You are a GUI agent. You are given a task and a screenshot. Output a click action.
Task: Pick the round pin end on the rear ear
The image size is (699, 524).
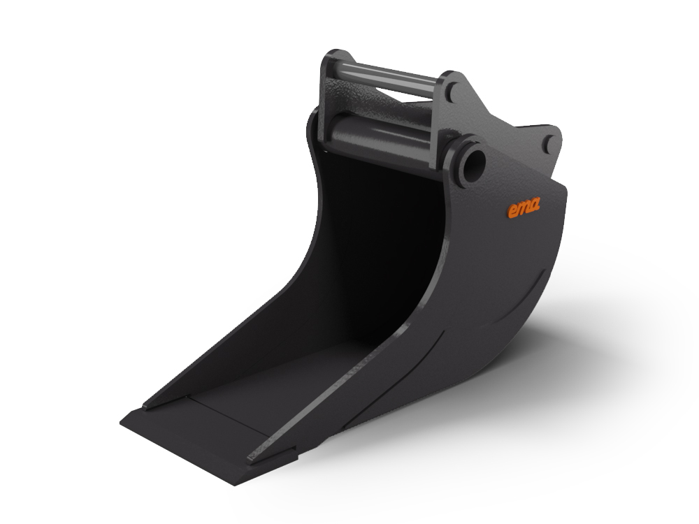(x=549, y=143)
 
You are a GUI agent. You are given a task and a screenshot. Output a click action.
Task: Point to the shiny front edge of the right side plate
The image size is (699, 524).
(x=391, y=335)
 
